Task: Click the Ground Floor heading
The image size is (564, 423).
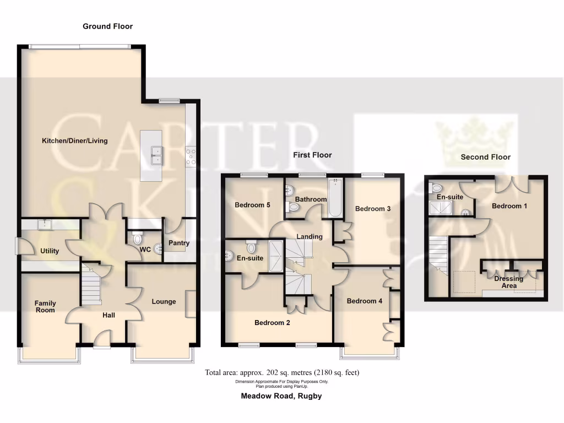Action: coord(107,26)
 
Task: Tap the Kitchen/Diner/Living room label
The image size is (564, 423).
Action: coord(75,140)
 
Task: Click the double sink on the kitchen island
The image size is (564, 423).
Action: coord(158,155)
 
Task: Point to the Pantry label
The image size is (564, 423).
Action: coord(179,243)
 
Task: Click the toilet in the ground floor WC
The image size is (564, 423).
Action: coord(137,239)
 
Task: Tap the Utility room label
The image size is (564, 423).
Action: coord(50,251)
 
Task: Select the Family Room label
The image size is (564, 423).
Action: coord(45,306)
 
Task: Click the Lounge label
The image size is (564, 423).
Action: coord(164,301)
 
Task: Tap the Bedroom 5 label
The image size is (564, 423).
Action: coord(252,205)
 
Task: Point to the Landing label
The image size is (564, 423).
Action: coord(309,237)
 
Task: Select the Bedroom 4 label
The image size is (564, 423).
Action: coord(364,301)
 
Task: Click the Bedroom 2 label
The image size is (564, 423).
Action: coord(272,323)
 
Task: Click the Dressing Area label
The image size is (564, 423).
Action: coord(508,282)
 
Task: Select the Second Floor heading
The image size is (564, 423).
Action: coord(485,157)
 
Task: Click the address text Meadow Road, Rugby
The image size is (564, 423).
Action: coord(281,396)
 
